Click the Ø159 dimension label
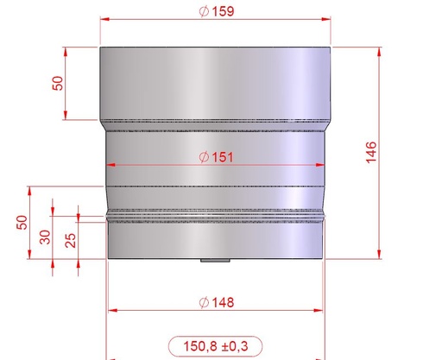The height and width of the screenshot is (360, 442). point(217,11)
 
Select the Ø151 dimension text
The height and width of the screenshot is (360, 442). point(216,157)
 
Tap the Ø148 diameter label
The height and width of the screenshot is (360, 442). point(217,302)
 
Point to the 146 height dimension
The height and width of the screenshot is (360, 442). point(371,153)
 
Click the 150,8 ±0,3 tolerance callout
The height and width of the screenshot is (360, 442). point(215,346)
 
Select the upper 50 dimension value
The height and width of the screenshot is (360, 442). point(58,83)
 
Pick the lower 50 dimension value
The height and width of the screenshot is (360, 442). point(22,223)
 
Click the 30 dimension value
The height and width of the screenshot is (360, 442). point(45,237)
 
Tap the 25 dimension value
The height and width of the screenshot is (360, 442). point(71,241)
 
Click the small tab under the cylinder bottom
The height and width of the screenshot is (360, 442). point(215,261)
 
